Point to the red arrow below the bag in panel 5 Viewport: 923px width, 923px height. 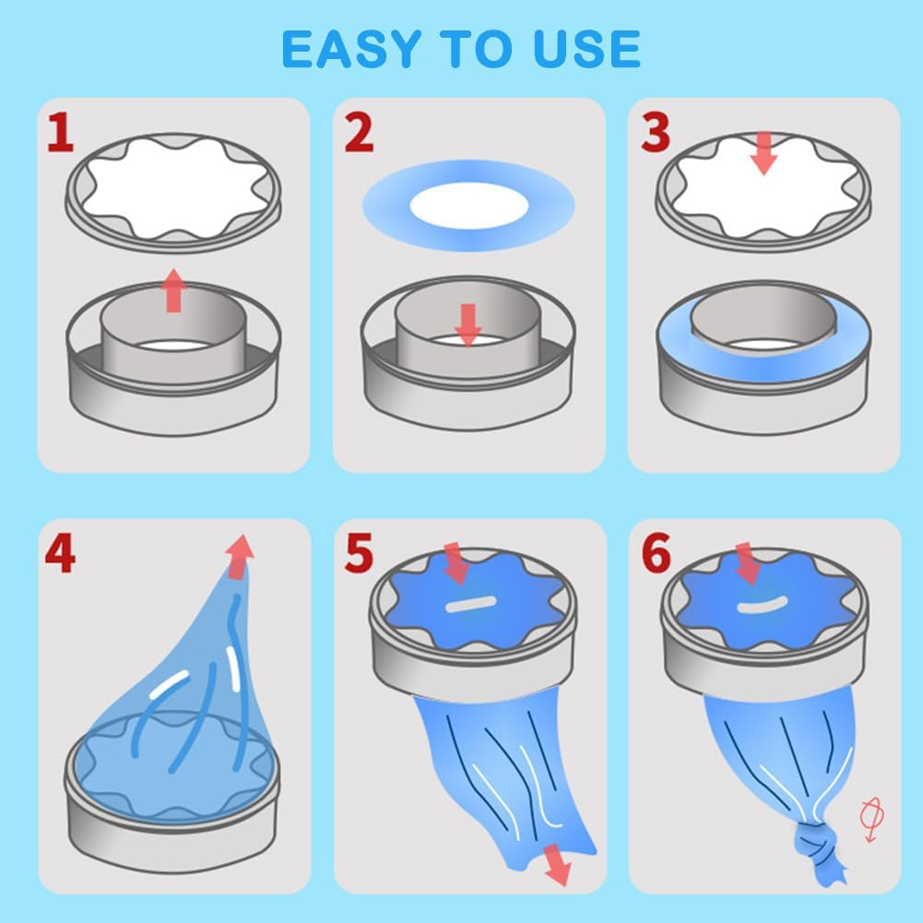point(555,864)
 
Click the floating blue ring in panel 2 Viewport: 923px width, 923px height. point(468,205)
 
